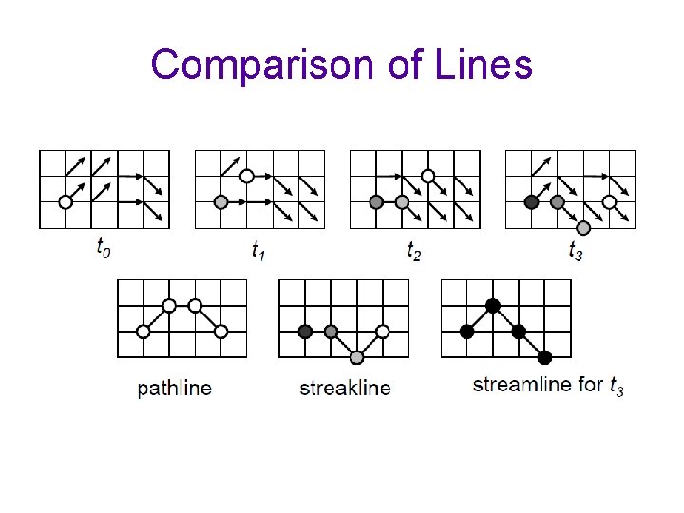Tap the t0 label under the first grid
pos(104,249)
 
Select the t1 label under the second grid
pos(258,249)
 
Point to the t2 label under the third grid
pos(414,249)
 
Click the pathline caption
pos(175,388)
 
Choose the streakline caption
pos(345,388)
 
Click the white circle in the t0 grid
pos(66,201)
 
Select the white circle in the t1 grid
pos(246,176)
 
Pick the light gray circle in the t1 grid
pos(220,201)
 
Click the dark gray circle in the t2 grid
pos(376,201)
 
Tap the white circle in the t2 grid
pos(428,176)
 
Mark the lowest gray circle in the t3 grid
pos(583,228)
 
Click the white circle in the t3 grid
pos(609,201)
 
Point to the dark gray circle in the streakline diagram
pos(305,332)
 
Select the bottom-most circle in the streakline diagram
pos(356,357)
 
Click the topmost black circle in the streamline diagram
pos(492,306)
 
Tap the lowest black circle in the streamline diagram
pos(544,357)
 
